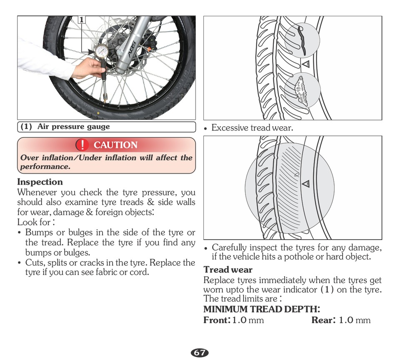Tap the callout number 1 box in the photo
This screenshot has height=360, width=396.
click(82, 20)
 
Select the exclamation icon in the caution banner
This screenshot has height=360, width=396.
click(82, 145)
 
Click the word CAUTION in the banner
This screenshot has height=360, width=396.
click(115, 145)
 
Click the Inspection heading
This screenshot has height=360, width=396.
click(40, 182)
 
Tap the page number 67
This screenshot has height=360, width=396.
click(200, 353)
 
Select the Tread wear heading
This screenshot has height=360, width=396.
click(228, 270)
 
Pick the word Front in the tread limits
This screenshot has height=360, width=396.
click(216, 320)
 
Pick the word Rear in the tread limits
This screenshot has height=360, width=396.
click(322, 320)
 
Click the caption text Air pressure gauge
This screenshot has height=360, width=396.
click(74, 127)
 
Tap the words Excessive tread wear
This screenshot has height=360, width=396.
click(252, 128)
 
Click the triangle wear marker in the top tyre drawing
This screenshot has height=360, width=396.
click(305, 64)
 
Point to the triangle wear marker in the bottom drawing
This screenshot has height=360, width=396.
click(306, 183)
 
